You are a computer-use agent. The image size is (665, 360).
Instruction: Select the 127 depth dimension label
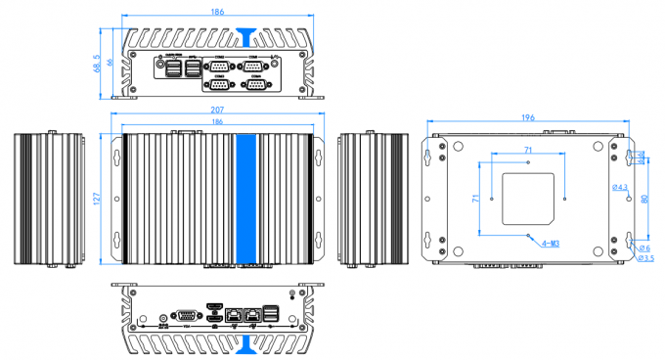[x=98, y=199]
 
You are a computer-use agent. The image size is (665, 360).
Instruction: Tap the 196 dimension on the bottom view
[x=527, y=118]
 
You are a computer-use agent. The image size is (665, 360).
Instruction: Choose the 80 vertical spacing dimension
[x=643, y=198]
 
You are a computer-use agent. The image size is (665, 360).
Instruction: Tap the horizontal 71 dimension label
[x=528, y=148]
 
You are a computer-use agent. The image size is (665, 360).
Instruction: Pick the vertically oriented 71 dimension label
[x=476, y=198]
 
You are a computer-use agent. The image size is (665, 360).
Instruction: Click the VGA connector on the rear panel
[x=183, y=315]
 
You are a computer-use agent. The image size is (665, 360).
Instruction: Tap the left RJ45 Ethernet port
[x=234, y=316]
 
